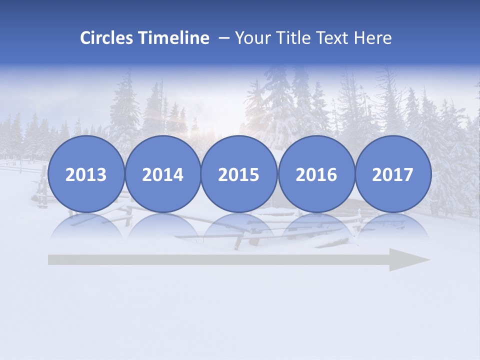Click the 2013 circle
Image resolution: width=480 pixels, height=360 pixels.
click(86, 174)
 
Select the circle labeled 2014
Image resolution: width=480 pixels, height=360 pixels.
click(162, 174)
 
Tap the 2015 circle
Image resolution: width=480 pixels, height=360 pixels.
click(239, 174)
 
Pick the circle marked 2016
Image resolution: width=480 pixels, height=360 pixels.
click(316, 174)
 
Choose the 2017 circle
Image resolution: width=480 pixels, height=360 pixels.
click(392, 174)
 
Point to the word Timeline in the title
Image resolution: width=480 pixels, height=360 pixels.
click(174, 38)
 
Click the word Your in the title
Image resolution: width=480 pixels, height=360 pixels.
click(252, 38)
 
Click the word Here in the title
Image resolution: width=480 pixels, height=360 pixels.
click(373, 38)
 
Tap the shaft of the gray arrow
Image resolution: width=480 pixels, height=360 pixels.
click(215, 260)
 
